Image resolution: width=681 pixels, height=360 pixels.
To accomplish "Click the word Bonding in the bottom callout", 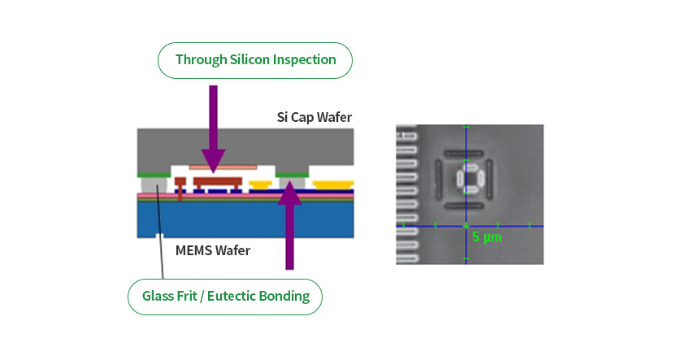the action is coord(284,296).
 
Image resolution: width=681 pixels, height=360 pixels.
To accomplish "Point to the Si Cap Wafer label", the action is coord(314,117).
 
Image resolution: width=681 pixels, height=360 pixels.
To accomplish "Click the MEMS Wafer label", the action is coord(213,250).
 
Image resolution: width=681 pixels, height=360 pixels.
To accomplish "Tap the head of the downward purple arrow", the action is coord(213,161).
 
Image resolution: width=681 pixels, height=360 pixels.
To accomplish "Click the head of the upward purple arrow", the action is coord(289,193).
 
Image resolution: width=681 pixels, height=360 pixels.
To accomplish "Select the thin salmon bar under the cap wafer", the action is coord(223,167).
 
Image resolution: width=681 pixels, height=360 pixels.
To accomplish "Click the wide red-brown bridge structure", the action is coord(218,181).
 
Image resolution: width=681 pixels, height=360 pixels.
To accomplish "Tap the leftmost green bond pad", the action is coord(154,175).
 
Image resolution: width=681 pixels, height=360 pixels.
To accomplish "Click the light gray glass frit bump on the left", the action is coord(154,185).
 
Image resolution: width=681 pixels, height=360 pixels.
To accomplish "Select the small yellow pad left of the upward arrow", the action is coord(260,185).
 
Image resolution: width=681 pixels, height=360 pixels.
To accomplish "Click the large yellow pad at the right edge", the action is coord(333,185).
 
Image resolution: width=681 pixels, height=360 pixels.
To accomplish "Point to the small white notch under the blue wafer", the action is coord(160,236).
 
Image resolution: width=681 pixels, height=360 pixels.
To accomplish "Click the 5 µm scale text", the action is coord(487,237).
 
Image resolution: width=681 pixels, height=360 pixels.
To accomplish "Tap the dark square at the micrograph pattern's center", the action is coord(470,178).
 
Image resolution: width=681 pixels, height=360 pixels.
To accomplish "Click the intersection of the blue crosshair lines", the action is coord(466,226).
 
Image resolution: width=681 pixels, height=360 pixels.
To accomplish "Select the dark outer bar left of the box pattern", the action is coord(439,179).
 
